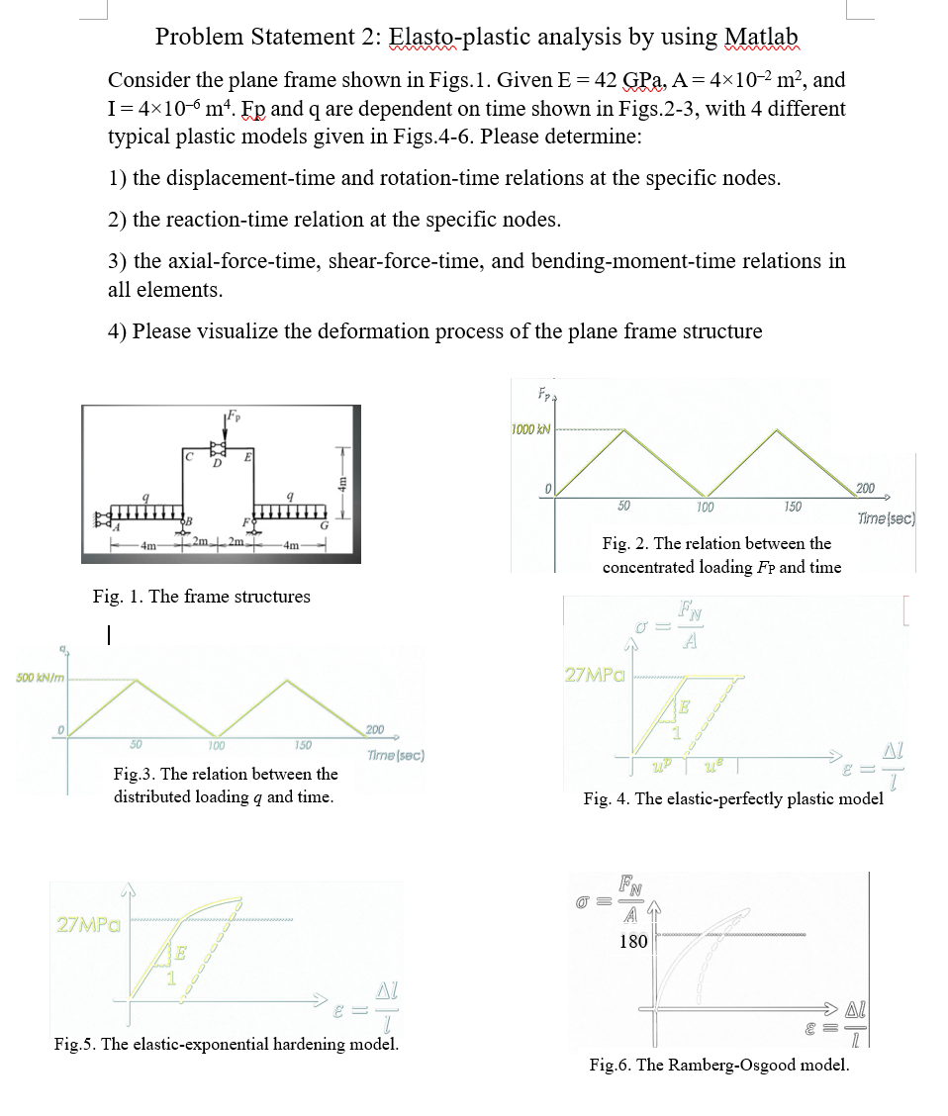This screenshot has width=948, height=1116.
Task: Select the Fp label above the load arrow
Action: coord(233,417)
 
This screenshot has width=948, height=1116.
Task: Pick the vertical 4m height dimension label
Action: coord(343,485)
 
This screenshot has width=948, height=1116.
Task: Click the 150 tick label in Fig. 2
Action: coord(792,507)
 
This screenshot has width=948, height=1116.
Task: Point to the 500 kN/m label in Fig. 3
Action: coord(36,678)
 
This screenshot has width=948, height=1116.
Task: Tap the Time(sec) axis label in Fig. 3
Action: coord(395,755)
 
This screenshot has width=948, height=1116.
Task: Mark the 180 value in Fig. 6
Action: coord(633,941)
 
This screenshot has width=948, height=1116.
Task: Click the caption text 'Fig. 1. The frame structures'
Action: coord(201,596)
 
